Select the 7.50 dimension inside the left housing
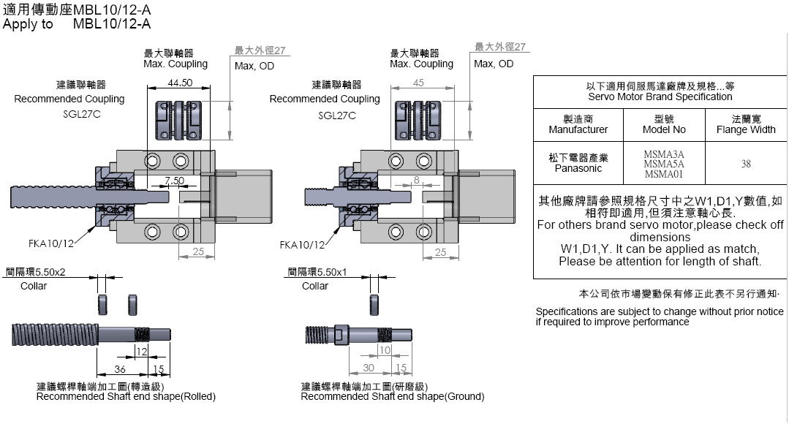pyautogui.click(x=173, y=181)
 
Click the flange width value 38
pyautogui.click(x=745, y=164)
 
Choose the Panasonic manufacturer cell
pyautogui.click(x=578, y=163)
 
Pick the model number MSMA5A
pyautogui.click(x=663, y=164)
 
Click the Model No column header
pyautogui.click(x=664, y=124)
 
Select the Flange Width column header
pyautogui.click(x=746, y=124)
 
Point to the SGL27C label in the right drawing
pyautogui.click(x=337, y=116)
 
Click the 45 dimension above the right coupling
pyautogui.click(x=418, y=83)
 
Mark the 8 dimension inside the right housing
pyautogui.click(x=415, y=180)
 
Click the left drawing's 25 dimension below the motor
pyautogui.click(x=197, y=252)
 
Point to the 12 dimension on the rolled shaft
pyautogui.click(x=141, y=352)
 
